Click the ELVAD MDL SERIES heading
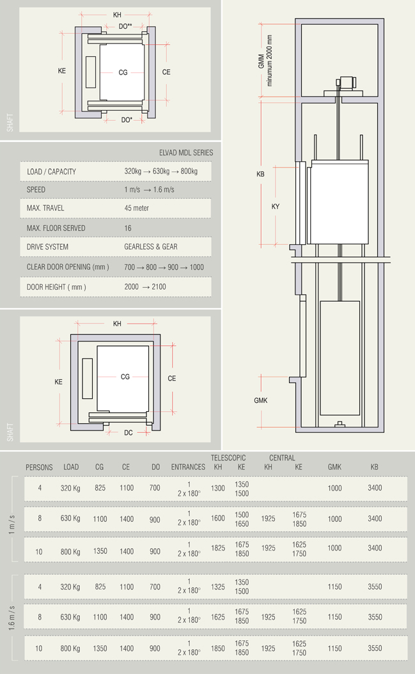pyautogui.click(x=186, y=153)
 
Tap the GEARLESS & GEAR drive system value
pyautogui.click(x=151, y=247)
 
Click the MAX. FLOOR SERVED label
pyautogui.click(x=56, y=228)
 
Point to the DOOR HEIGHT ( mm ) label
pyautogui.click(x=56, y=287)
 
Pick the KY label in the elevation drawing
pyautogui.click(x=276, y=207)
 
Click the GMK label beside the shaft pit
pyautogui.click(x=260, y=401)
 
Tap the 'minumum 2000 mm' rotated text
pyautogui.click(x=270, y=61)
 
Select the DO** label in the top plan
pyautogui.click(x=125, y=26)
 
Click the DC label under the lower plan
pyautogui.click(x=129, y=433)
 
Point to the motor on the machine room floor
pyautogui.click(x=347, y=82)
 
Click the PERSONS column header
pyautogui.click(x=39, y=467)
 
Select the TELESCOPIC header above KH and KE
pyautogui.click(x=228, y=458)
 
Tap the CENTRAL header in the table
pyautogui.click(x=282, y=458)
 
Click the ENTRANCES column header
pyautogui.click(x=188, y=467)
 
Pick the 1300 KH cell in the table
pyautogui.click(x=218, y=489)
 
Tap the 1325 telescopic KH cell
pyautogui.click(x=218, y=587)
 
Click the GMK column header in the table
pyautogui.click(x=334, y=467)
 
